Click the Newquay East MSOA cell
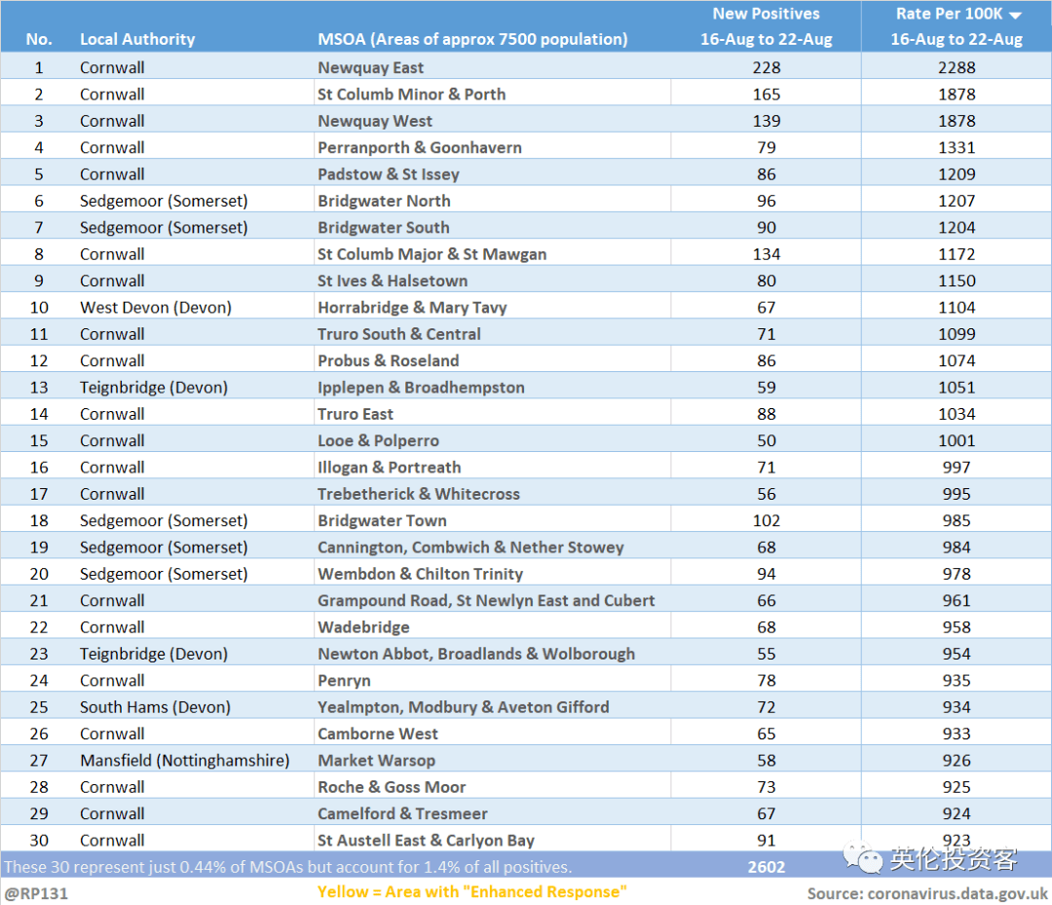pos(370,68)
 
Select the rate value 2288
pos(957,68)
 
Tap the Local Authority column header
pos(137,39)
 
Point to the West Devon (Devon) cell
pos(156,307)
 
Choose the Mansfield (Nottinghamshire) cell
pos(184,760)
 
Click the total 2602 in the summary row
pos(767,867)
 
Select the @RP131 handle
pos(36,893)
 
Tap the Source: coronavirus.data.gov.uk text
pos(927,893)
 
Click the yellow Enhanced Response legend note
pos(471,891)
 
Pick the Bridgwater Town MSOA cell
pos(382,520)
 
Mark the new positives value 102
pos(767,520)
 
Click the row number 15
pos(39,440)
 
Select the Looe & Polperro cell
pos(378,440)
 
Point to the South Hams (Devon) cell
pos(155,707)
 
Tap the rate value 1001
pos(957,440)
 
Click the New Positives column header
pos(767,26)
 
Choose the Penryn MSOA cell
pos(344,680)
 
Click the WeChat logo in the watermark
pos(863,857)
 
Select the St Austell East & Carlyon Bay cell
pos(426,840)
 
